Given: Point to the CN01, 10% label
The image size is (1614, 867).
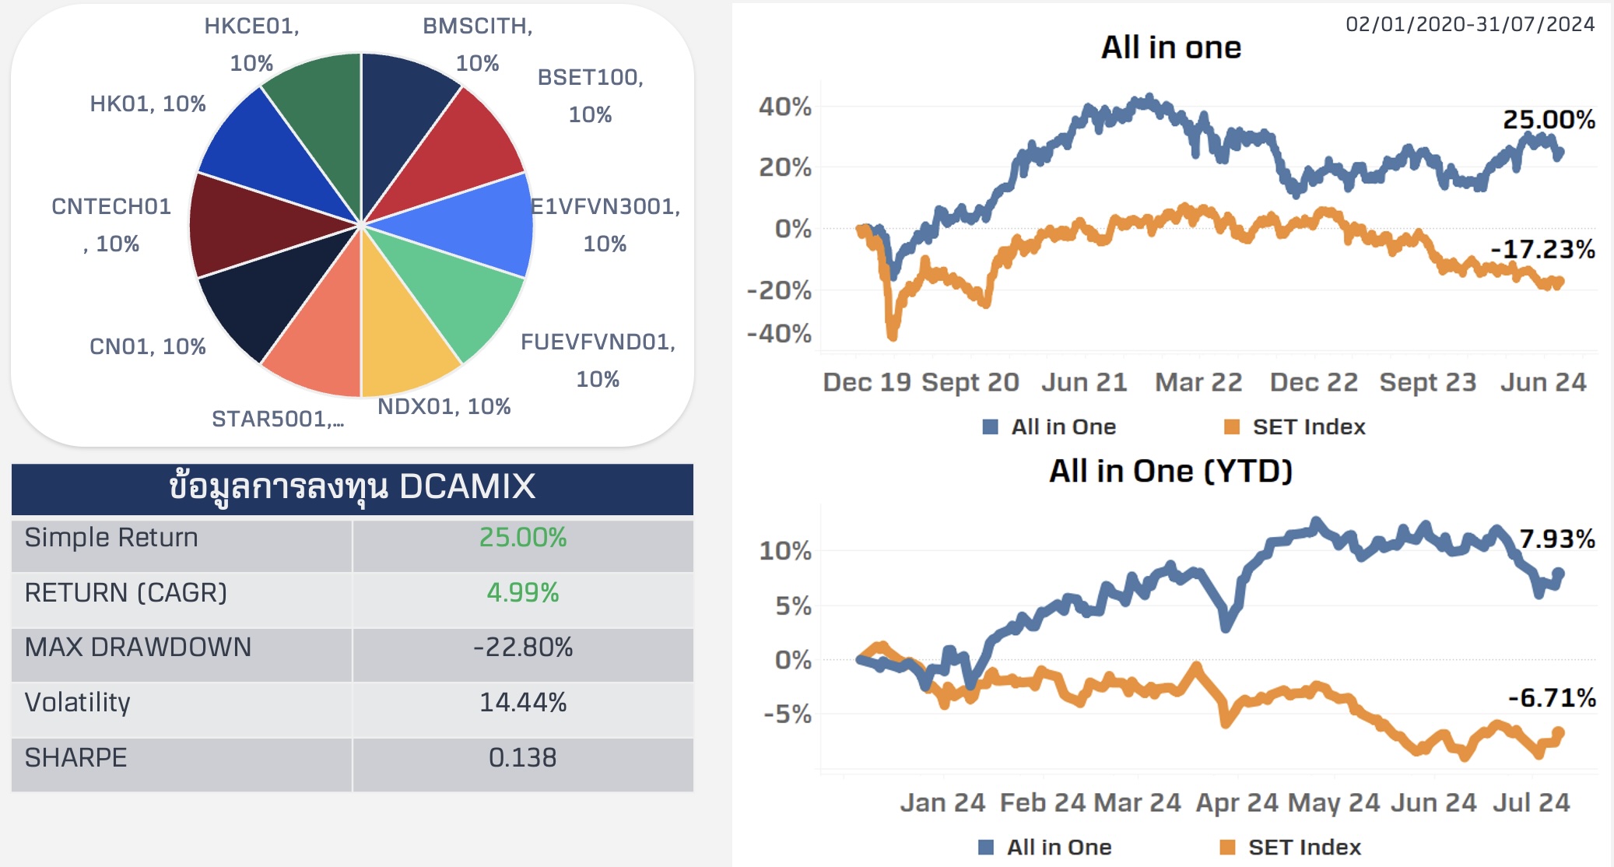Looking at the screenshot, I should [x=148, y=346].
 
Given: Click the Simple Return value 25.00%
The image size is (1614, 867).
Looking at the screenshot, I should [x=522, y=538].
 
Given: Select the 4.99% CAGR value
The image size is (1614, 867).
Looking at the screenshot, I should [x=522, y=593].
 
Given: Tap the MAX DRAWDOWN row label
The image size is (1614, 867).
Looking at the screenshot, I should [x=138, y=648].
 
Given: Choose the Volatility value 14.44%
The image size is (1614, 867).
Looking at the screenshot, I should [x=522, y=703].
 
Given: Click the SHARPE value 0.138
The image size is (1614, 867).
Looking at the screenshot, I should [x=522, y=758].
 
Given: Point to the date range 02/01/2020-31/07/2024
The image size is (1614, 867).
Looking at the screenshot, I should [x=1470, y=24].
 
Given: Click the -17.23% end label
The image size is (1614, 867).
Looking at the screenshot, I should [x=1542, y=250].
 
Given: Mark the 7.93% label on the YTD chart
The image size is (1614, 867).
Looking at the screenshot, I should [x=1556, y=539].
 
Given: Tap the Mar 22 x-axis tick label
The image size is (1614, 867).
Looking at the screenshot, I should [x=1198, y=382].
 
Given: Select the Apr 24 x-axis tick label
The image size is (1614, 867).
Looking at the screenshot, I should [x=1237, y=802].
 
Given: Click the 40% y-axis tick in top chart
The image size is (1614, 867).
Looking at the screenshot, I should [x=785, y=107].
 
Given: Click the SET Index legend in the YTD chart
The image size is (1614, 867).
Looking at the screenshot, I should [x=1304, y=847].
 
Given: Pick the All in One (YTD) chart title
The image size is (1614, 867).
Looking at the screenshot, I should [x=1170, y=472].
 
